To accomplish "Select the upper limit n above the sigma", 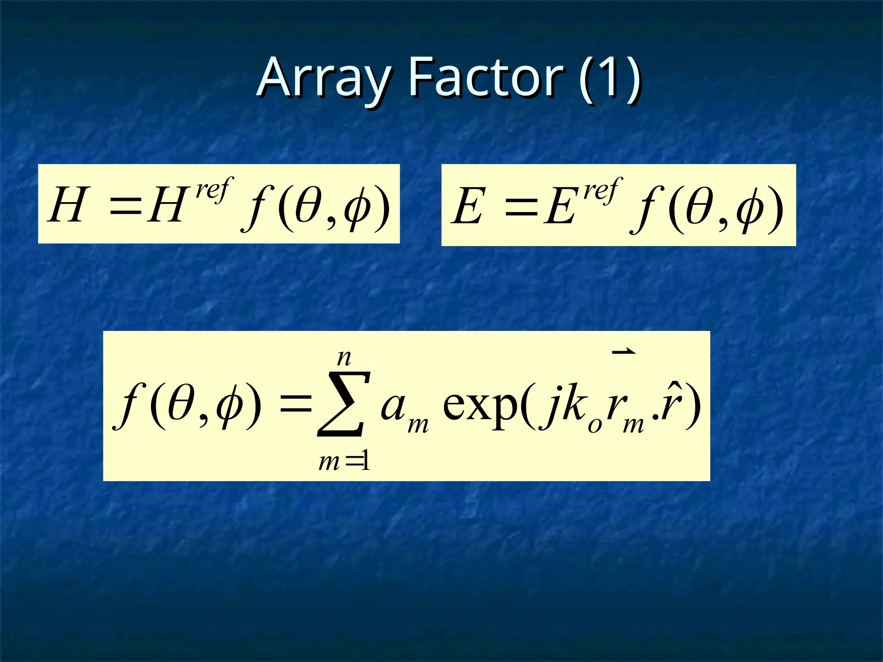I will pos(344,358).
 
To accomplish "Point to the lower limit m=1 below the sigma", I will pos(344,462).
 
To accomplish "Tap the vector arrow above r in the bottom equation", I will pos(623,352).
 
